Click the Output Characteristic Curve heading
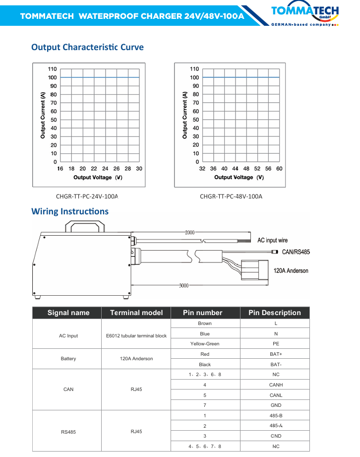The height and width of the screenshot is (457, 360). click(87, 47)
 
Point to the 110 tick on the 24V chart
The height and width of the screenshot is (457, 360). click(52, 69)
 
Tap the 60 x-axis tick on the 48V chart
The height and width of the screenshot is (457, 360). click(279, 169)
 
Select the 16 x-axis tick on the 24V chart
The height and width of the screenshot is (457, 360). click(60, 169)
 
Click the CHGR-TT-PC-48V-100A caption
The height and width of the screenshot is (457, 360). click(231, 196)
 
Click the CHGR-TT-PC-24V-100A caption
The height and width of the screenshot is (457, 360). click(87, 196)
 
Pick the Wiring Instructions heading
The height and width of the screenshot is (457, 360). click(69, 211)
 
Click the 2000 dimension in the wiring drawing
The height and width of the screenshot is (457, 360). click(190, 233)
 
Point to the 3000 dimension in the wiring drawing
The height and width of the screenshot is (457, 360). click(184, 286)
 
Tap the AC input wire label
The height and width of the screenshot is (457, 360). click(272, 240)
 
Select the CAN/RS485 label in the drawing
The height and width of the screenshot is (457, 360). click(296, 252)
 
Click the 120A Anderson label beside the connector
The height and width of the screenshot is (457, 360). click(291, 271)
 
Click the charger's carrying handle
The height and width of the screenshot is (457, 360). click(87, 226)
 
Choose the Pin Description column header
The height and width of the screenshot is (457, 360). click(275, 313)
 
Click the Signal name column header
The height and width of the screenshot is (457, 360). click(68, 313)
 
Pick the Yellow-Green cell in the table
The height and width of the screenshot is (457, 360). click(205, 344)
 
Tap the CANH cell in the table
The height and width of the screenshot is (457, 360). click(276, 385)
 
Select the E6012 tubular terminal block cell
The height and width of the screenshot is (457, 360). click(136, 336)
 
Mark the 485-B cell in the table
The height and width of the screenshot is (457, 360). click(276, 416)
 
